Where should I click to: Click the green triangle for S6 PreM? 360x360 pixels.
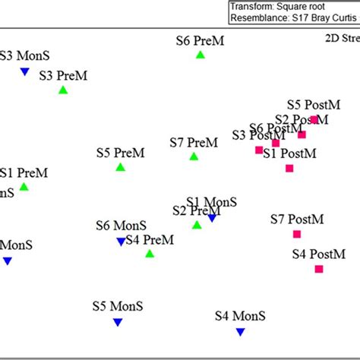click(x=201, y=55)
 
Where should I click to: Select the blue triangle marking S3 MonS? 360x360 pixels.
click(x=24, y=72)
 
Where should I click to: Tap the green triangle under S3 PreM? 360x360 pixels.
click(x=63, y=90)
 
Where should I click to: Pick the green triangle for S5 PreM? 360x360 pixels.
click(x=120, y=167)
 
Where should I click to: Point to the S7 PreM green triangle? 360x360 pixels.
click(x=194, y=156)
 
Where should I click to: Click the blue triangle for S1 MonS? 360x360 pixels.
click(x=213, y=218)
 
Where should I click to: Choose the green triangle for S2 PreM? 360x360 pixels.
click(x=197, y=225)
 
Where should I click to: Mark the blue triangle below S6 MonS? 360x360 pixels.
click(x=120, y=242)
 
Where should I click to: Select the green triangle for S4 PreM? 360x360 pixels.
click(x=150, y=254)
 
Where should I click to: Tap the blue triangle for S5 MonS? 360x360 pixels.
click(x=118, y=323)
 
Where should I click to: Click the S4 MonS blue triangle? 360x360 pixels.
click(x=240, y=332)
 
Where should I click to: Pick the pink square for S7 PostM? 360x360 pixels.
click(x=297, y=234)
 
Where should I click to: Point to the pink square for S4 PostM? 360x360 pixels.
click(x=319, y=269)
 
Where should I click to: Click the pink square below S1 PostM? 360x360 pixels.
click(x=289, y=168)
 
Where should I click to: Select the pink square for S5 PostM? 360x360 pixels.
click(x=314, y=119)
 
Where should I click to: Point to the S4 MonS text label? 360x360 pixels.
click(x=241, y=316)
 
